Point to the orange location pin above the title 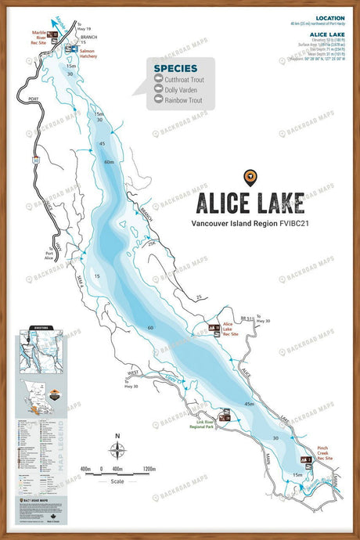pos(249,177)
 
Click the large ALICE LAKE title pos(249,203)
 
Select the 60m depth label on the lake pos(108,161)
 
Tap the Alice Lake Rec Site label pos(233,327)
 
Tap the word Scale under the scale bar pos(117,480)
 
